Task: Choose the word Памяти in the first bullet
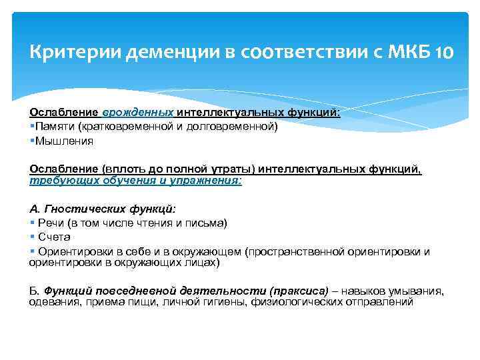pos(54,127)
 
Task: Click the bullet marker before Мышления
pos(31,141)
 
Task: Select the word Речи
pos(51,223)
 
